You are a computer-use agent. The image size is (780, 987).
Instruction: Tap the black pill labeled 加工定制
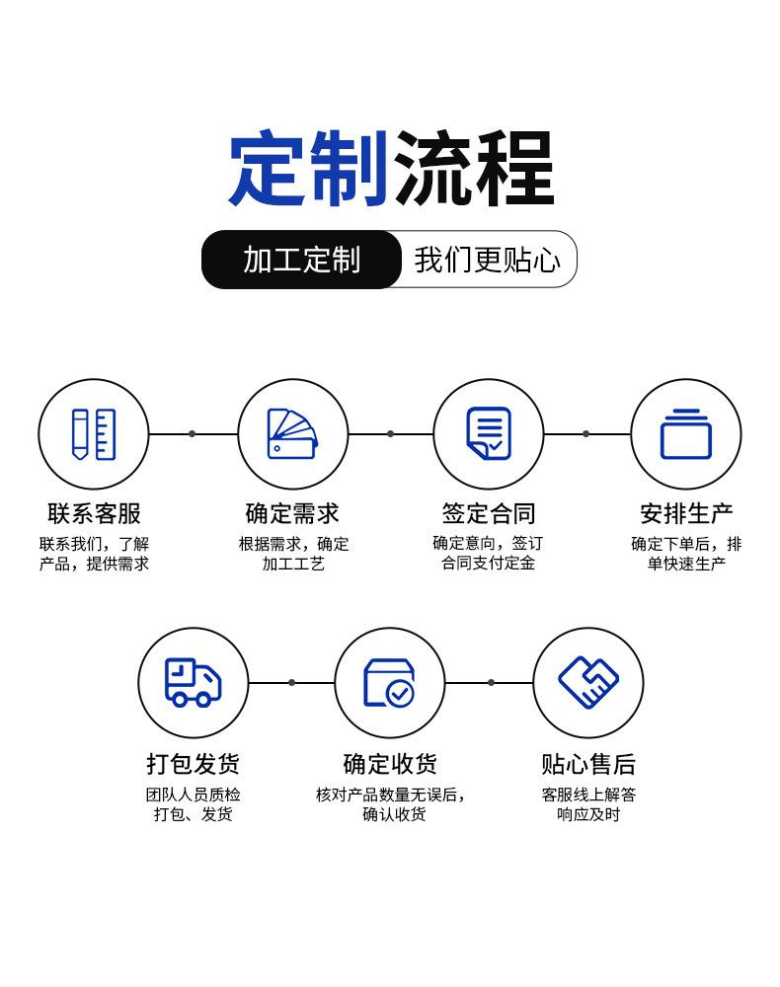(301, 260)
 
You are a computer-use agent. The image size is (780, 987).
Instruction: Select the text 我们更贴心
(487, 260)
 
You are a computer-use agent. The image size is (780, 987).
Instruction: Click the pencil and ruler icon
(93, 433)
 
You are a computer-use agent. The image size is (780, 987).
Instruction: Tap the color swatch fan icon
(292, 433)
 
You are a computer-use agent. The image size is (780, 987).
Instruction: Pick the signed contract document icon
(489, 433)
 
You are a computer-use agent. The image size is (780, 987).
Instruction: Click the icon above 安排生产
(685, 433)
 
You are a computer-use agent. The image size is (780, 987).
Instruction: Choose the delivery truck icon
(193, 682)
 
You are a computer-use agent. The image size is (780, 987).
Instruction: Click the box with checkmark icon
(389, 682)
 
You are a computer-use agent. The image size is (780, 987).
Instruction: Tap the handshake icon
(587, 682)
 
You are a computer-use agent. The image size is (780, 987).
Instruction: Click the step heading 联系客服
(94, 513)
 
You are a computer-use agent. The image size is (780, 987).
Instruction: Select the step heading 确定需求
(292, 513)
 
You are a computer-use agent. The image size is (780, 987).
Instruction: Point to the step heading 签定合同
(488, 513)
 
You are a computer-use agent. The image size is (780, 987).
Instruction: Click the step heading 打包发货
(193, 764)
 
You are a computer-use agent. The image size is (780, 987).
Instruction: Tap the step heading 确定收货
(389, 764)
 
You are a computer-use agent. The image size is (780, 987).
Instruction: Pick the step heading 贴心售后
(587, 764)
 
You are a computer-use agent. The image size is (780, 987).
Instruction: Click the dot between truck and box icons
(291, 682)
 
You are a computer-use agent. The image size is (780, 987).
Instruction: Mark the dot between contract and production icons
(585, 433)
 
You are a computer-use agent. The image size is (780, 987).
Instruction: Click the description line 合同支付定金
(488, 564)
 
